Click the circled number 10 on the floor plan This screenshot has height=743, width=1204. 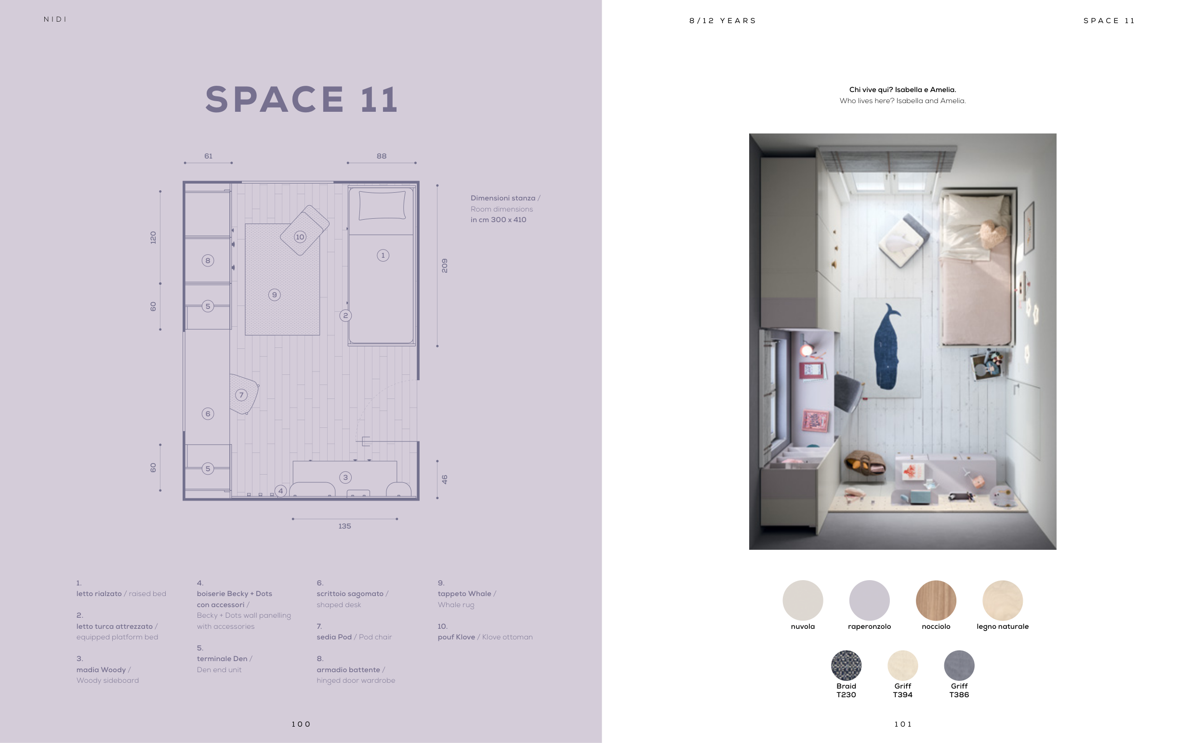[x=300, y=237]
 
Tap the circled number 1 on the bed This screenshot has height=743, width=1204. [x=383, y=255]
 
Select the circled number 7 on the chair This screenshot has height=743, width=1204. [x=241, y=395]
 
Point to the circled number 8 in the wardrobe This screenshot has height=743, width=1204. [x=208, y=261]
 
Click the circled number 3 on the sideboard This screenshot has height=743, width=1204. [x=345, y=477]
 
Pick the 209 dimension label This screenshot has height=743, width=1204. [x=445, y=265]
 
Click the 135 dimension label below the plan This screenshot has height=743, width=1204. [x=344, y=526]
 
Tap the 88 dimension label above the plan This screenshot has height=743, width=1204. [x=381, y=156]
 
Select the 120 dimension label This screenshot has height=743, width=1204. [x=153, y=238]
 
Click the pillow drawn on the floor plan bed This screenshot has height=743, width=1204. [x=382, y=205]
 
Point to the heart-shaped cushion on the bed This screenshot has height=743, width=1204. [x=993, y=234]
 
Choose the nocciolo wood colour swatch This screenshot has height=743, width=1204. [x=936, y=600]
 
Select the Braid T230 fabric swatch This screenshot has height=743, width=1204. [x=846, y=665]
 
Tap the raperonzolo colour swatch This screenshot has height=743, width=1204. [x=869, y=600]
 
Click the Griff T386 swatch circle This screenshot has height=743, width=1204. [x=959, y=665]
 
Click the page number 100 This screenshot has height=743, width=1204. [x=301, y=724]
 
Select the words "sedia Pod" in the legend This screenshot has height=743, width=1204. [x=334, y=637]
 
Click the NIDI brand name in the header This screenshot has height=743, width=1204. [x=55, y=20]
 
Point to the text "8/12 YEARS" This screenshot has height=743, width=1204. [x=723, y=21]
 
